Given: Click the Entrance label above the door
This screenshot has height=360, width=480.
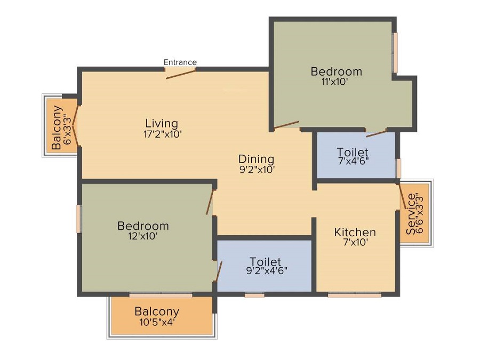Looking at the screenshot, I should [x=180, y=62].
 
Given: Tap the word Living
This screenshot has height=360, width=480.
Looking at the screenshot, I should [x=162, y=124].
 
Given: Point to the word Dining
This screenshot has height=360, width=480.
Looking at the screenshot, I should [x=256, y=159].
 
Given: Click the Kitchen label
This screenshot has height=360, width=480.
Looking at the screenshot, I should [x=355, y=232].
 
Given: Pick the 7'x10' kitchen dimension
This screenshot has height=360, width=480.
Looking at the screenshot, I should [x=355, y=243].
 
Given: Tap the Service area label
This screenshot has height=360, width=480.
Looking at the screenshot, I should [x=412, y=213].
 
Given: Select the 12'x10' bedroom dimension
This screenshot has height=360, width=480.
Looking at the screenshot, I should [x=142, y=237].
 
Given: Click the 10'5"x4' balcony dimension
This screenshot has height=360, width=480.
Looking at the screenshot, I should [x=156, y=322].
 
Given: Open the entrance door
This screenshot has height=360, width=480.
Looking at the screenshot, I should [x=180, y=74].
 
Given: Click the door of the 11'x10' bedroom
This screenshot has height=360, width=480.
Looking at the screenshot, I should [x=286, y=126].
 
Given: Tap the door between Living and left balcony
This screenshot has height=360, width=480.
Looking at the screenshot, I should [x=76, y=125].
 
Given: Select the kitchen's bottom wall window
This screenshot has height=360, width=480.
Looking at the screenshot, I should [x=354, y=294].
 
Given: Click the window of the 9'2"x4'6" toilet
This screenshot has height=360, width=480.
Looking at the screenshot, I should [x=254, y=294].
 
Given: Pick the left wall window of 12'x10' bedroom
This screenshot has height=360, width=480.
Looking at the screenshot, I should [x=78, y=219].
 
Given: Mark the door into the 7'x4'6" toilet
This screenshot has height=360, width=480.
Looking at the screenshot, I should [x=377, y=132].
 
